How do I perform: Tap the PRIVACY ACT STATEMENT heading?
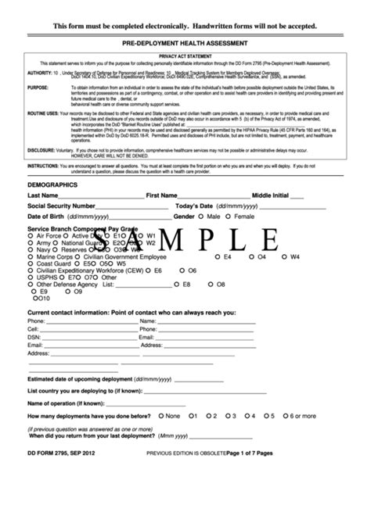coord(185,56)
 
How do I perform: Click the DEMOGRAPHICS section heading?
coord(52,184)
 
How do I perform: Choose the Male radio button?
coord(201,216)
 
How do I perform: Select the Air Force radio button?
coord(31,235)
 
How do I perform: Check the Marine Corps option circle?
coord(31,256)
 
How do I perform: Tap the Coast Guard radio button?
coord(31,263)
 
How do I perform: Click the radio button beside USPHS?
coord(31,278)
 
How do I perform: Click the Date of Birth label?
coord(46,216)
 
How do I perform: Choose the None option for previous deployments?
coord(160,417)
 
